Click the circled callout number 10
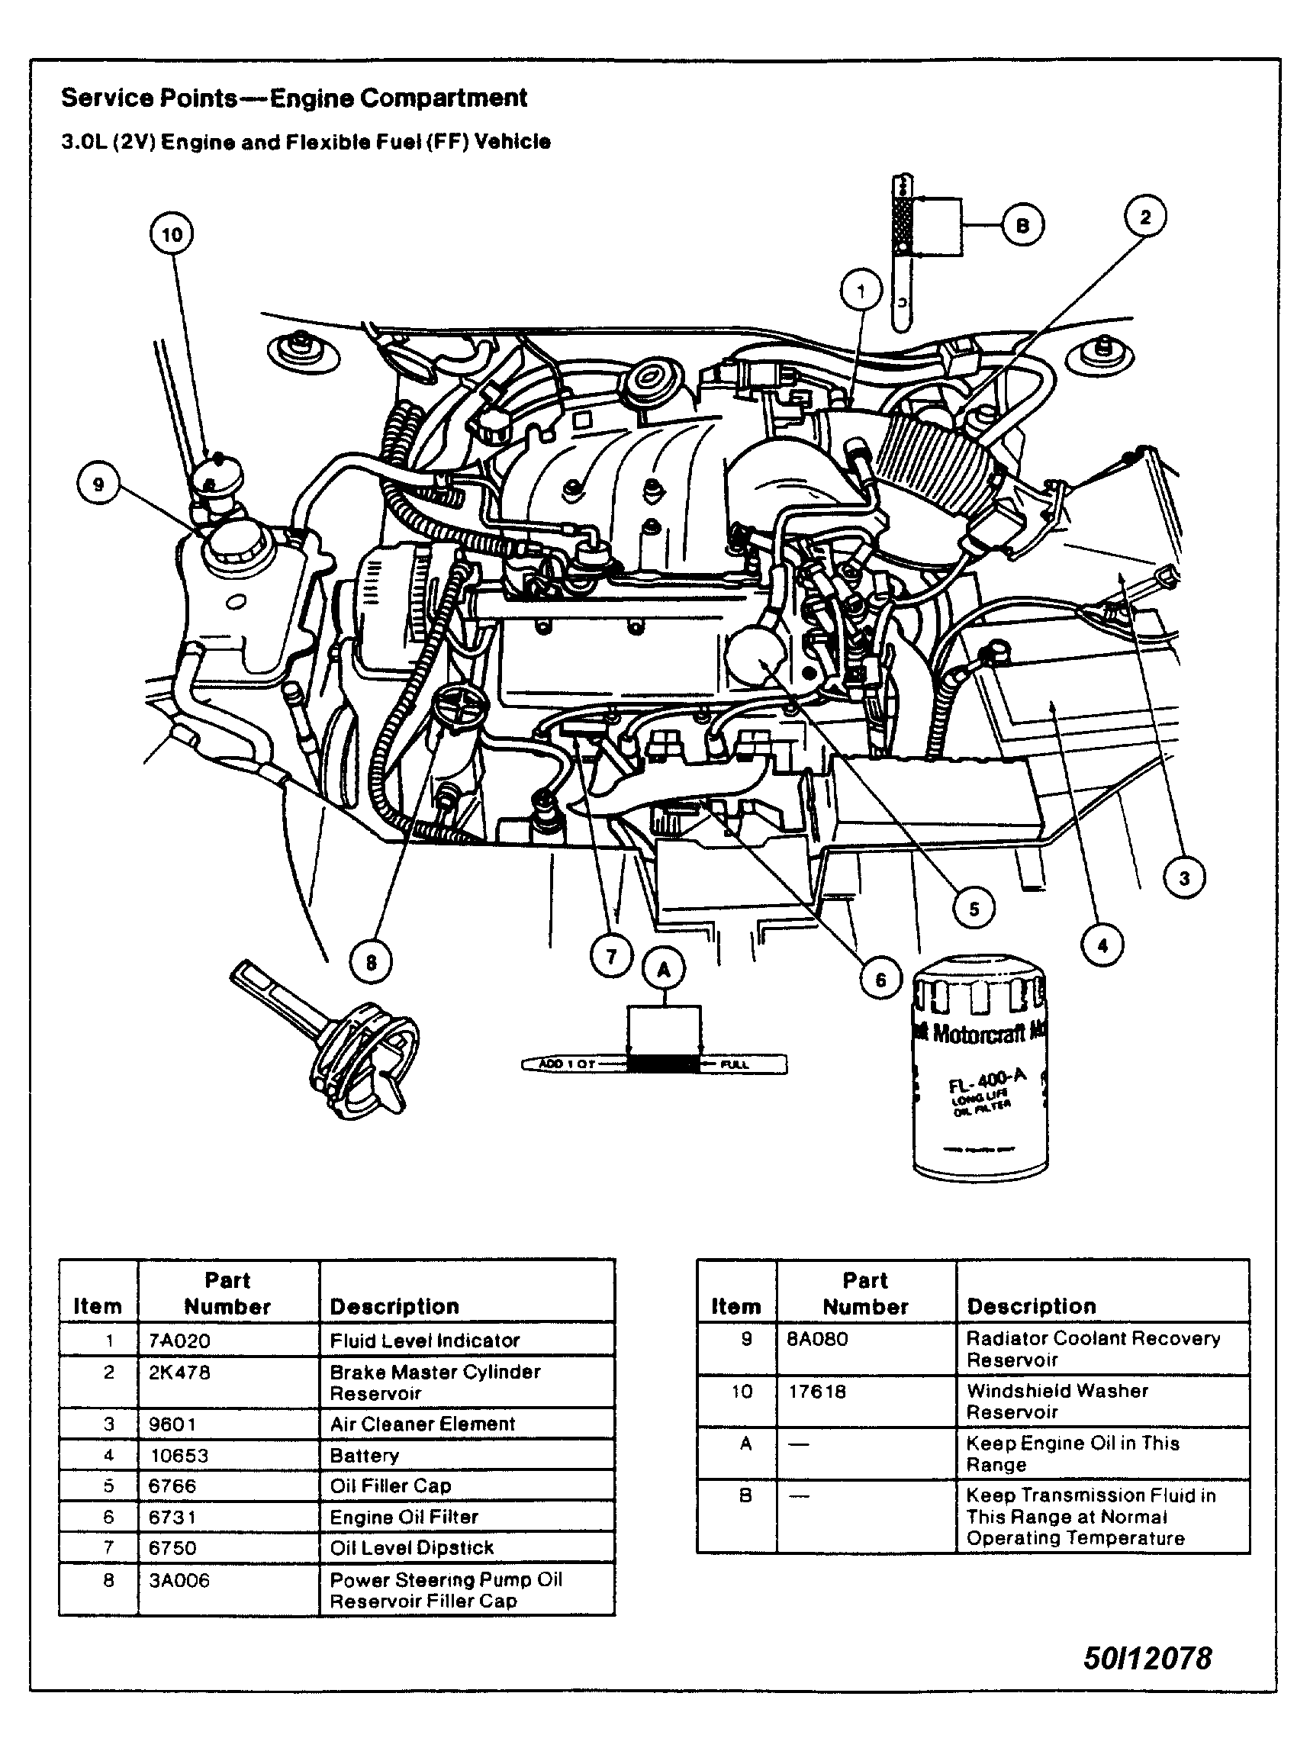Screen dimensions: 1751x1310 click(x=172, y=234)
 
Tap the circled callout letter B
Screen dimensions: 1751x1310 click(x=1022, y=226)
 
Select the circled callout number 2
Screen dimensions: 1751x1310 click(x=1145, y=216)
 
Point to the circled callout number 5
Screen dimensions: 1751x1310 click(x=974, y=909)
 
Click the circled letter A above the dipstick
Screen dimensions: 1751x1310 click(x=663, y=970)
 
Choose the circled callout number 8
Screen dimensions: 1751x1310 click(x=371, y=963)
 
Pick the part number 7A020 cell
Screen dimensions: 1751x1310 click(x=180, y=1341)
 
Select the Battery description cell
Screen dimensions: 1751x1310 click(x=364, y=1455)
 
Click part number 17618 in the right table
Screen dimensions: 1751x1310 click(x=817, y=1391)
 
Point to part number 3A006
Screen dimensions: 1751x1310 click(x=180, y=1580)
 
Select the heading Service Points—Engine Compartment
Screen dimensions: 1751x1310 click(x=294, y=98)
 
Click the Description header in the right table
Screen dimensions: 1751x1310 click(x=1031, y=1306)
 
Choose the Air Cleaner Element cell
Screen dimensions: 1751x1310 click(x=422, y=1424)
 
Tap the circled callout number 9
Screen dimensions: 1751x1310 click(x=98, y=484)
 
